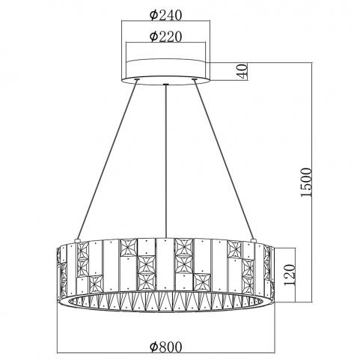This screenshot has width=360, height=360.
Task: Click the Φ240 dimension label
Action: point(166,15)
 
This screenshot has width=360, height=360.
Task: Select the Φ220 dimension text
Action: point(166,37)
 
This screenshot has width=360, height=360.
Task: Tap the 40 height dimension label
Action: point(242,71)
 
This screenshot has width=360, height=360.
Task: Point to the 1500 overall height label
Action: point(306,183)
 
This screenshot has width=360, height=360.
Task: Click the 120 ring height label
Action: point(290,275)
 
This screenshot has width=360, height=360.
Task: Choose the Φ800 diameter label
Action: point(166,347)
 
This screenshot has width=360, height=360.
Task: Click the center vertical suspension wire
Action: point(165,162)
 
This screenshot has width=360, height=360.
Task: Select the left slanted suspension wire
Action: point(107,159)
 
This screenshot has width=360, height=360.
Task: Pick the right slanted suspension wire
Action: point(224,159)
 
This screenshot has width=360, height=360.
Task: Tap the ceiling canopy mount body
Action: point(165,72)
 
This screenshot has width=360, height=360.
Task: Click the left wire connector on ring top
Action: point(77,240)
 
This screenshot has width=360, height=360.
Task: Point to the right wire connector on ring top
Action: point(254,240)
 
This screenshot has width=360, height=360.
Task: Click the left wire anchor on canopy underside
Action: point(137,79)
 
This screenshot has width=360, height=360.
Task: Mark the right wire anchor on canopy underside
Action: point(195,79)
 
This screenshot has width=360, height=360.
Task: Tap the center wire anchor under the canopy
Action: point(165,85)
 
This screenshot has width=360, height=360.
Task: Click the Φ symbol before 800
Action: point(153,347)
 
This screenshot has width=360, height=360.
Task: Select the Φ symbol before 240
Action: point(153,15)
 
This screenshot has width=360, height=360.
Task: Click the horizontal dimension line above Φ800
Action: point(166,353)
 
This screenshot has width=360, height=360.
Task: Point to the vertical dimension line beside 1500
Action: point(312,182)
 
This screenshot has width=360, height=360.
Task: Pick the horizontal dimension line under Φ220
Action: point(166,43)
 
